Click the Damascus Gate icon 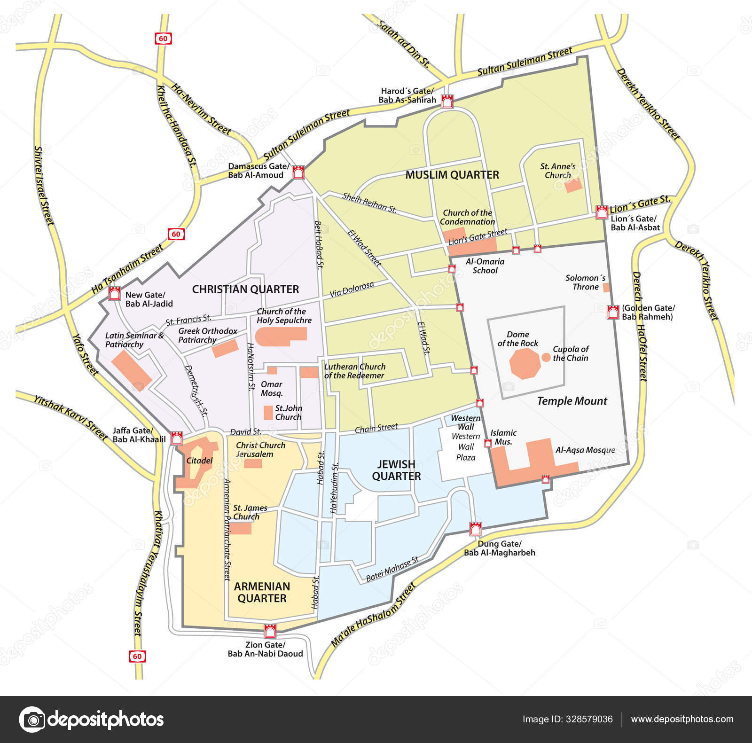298,172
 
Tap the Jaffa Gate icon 177,438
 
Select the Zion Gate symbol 270,631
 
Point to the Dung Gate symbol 476,529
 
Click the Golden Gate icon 612,312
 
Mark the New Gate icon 114,294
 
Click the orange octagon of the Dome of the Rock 525,363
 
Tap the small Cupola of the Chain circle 546,357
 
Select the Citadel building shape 193,463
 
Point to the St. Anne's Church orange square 573,185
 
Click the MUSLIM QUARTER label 452,175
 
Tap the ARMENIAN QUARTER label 262,592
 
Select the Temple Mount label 572,401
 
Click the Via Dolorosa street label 352,289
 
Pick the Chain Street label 376,428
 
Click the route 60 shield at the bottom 137,656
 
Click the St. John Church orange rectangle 268,413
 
